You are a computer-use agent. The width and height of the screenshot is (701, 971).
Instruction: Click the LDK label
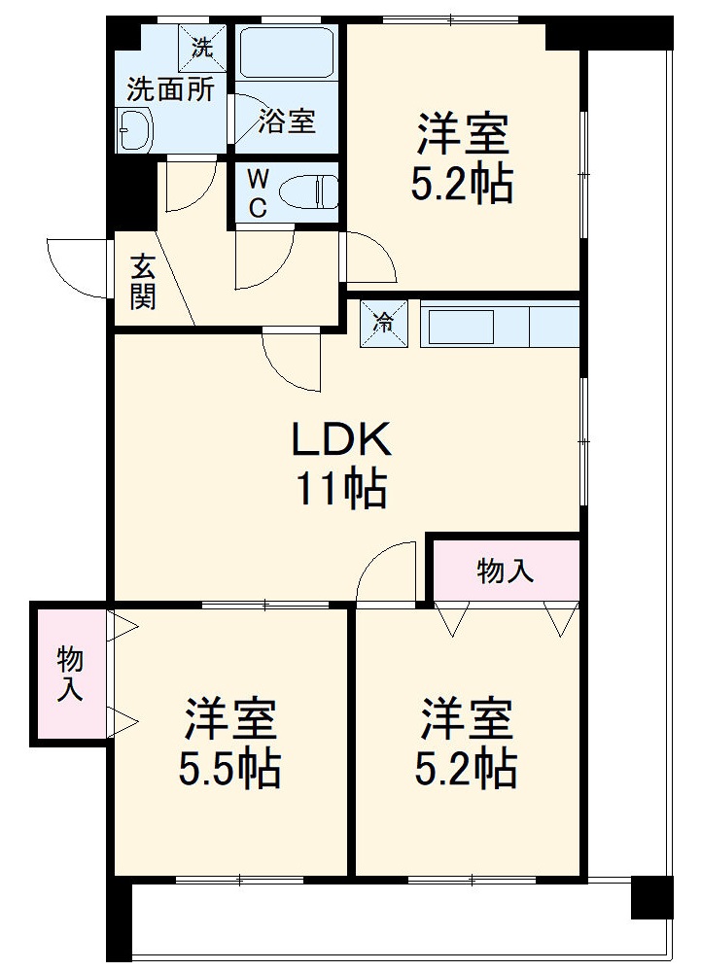click(342, 440)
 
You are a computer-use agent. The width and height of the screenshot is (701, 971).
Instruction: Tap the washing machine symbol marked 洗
click(201, 46)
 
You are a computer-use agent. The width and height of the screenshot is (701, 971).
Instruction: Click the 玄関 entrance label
click(143, 281)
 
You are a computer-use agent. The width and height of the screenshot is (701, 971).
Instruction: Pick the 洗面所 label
click(171, 89)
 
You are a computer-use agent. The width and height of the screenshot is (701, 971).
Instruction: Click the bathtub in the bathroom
click(288, 54)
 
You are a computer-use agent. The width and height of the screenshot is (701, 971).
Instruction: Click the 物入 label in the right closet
click(505, 571)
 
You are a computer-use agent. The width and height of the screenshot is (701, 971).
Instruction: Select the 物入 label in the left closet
click(70, 674)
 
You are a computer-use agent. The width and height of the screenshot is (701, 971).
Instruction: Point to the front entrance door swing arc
click(76, 267)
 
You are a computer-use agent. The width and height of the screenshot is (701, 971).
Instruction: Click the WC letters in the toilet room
click(258, 191)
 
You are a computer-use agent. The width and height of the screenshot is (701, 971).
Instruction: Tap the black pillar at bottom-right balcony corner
click(651, 897)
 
